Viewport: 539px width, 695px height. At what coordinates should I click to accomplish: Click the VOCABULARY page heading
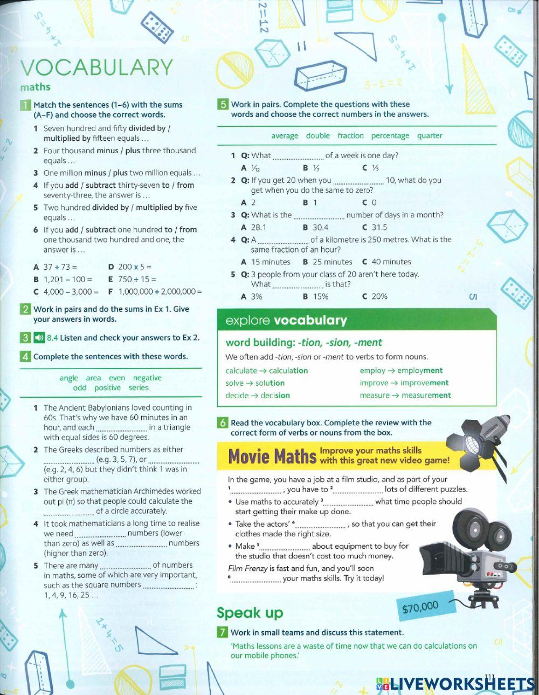point(96,67)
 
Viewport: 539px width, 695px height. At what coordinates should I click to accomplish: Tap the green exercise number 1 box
point(25,105)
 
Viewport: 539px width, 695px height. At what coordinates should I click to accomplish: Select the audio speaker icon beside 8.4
point(38,338)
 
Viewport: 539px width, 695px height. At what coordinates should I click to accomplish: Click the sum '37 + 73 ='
point(60,267)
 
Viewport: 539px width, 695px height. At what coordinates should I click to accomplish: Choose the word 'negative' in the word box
point(147,378)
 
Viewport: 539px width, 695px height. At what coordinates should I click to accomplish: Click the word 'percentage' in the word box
point(390,135)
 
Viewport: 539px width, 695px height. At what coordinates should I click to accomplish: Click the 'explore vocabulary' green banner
point(356,321)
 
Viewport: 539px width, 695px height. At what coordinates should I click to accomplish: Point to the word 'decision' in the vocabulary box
point(275,395)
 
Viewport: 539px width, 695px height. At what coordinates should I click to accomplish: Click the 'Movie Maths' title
point(272,457)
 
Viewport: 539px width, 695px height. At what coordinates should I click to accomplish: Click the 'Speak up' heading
point(250,612)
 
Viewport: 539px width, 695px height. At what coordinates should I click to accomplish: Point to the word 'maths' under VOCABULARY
point(35,87)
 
